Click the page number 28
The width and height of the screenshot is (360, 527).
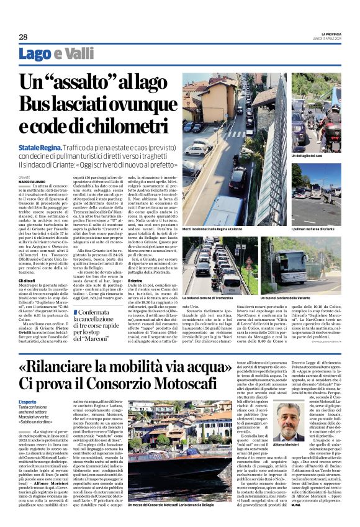point(23,37)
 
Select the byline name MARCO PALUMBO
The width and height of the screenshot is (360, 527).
point(32,181)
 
